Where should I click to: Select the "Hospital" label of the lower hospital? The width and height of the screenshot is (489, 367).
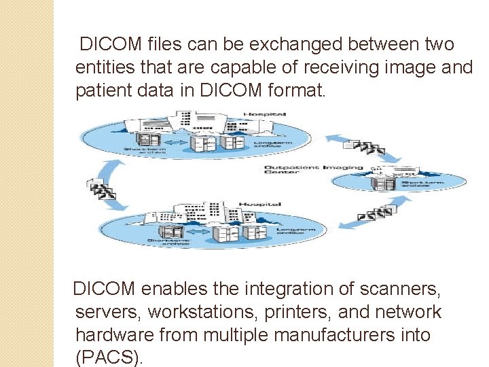[260, 203]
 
